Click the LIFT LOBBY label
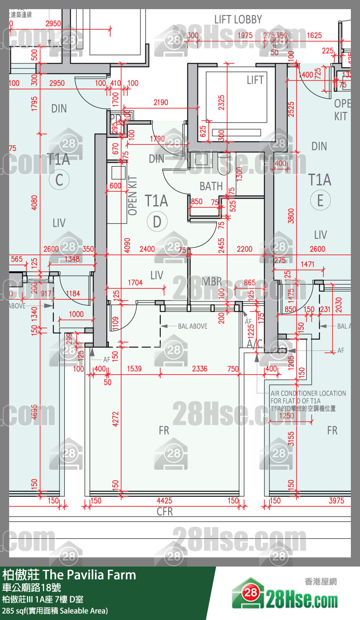pos(238,20)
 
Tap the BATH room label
pos(211,186)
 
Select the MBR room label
pos(212,281)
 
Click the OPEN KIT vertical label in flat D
pos(133,196)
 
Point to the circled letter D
pos(157,222)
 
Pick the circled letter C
pos(59,180)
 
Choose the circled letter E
pos(320,201)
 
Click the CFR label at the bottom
pos(164,511)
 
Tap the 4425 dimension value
pos(164,501)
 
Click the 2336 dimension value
pos(199,369)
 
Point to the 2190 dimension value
pos(161,103)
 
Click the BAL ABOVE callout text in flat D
pos(192,326)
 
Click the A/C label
pos(254,343)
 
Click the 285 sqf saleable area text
pos(55,611)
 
